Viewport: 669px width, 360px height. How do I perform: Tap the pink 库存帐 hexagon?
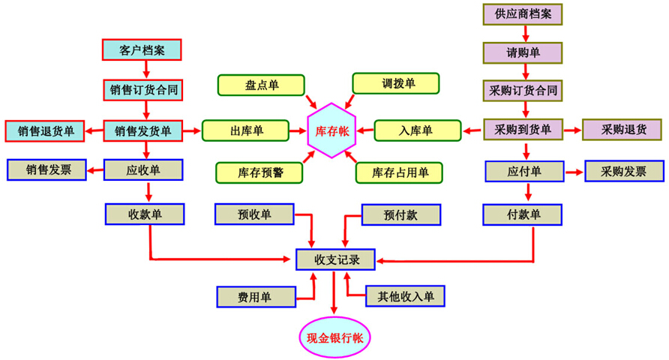(x=332, y=130)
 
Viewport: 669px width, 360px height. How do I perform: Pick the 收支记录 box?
(x=334, y=259)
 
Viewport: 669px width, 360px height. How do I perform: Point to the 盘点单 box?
(x=261, y=85)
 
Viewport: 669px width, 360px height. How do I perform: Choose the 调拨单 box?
(x=396, y=84)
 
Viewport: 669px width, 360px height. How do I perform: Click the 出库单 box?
(x=245, y=130)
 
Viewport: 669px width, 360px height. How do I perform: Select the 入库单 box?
(x=417, y=130)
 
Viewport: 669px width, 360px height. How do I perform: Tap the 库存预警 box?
(x=259, y=172)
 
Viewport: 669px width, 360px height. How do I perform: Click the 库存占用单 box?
(x=399, y=172)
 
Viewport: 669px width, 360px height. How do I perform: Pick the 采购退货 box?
(x=622, y=129)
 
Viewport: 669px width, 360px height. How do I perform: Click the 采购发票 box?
(x=624, y=171)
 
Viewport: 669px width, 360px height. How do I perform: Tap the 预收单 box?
(x=254, y=214)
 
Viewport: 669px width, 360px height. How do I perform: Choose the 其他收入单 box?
(x=404, y=296)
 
